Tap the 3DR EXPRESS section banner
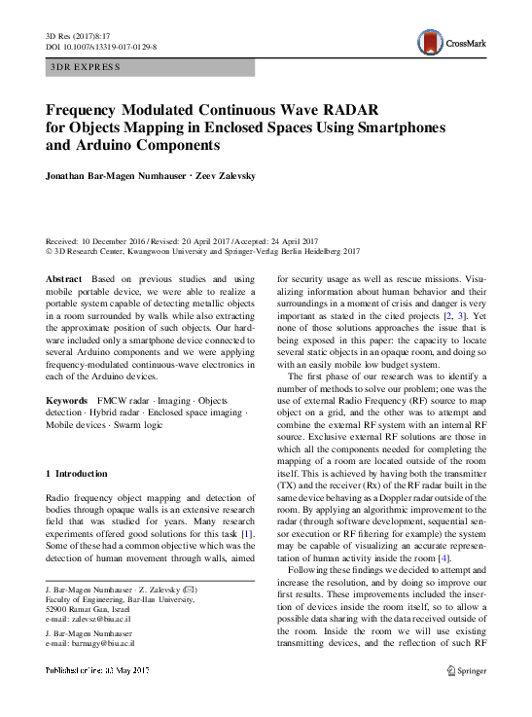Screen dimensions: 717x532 pos(150,67)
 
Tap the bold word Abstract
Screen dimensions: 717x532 pos(65,279)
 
